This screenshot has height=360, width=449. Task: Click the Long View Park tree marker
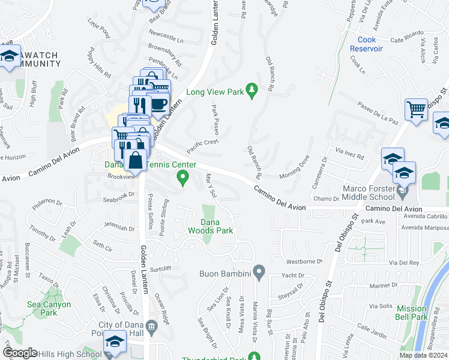coord(253,88)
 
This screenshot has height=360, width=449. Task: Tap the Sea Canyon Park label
coord(49,308)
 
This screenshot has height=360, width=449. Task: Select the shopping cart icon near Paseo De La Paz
coord(417,110)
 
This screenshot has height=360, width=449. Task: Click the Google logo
coord(20,352)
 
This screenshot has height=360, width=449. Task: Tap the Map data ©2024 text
coord(423,355)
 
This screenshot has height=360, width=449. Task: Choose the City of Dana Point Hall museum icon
coord(151,326)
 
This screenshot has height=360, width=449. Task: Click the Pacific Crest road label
coord(202,145)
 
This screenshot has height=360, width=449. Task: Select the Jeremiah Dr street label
coord(119,228)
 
